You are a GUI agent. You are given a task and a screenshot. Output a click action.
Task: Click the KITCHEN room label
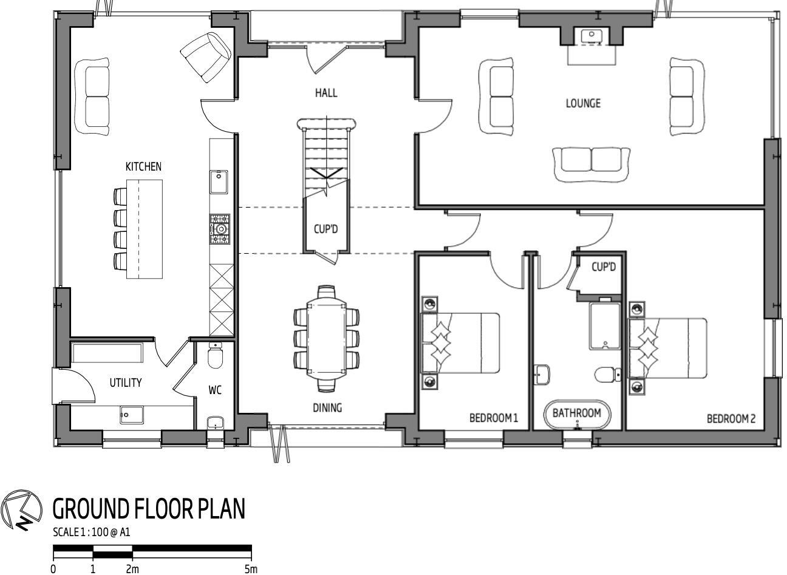[143, 166]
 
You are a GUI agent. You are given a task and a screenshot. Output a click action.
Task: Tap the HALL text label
[326, 93]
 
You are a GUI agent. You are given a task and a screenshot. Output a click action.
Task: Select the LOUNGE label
[583, 103]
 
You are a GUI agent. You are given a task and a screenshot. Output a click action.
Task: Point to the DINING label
[327, 408]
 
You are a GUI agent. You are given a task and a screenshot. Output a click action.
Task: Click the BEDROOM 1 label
[493, 418]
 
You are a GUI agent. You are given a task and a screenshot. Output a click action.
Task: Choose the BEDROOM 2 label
[731, 418]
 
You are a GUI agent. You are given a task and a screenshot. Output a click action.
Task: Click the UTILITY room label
[126, 383]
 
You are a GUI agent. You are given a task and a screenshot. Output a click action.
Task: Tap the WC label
[215, 390]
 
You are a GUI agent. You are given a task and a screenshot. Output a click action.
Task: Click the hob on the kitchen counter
[220, 229]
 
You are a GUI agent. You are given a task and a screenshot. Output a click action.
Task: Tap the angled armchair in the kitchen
[206, 56]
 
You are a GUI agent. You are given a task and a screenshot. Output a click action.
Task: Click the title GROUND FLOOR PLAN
[149, 509]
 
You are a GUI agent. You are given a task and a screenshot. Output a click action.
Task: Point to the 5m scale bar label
[251, 569]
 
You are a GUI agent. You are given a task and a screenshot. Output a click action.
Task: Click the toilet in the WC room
[215, 356]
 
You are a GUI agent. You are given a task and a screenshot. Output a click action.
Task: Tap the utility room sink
[131, 415]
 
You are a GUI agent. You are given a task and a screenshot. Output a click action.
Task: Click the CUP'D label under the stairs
[326, 230]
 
